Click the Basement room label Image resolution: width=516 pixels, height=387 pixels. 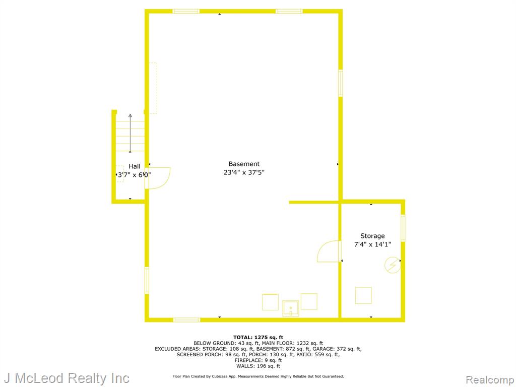tap(244, 164)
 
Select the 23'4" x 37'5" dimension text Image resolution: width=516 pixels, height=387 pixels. tap(244, 172)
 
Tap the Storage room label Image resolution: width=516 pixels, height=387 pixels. tap(372, 236)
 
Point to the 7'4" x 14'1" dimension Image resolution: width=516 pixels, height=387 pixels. tap(372, 244)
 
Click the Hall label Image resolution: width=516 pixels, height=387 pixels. tap(134, 166)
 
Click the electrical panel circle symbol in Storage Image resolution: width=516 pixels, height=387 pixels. tap(393, 265)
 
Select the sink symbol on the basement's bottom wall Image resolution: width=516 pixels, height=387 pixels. tap(291, 308)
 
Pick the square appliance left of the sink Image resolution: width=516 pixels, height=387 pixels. tap(270, 302)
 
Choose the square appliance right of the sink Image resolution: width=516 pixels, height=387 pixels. tap(309, 302)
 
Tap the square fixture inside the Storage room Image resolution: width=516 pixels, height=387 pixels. tap(363, 295)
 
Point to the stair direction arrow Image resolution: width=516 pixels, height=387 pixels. tap(131, 133)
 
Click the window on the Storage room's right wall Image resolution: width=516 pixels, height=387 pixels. tap(403, 228)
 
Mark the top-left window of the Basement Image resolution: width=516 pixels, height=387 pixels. tap(186, 12)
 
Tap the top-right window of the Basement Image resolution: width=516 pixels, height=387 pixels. tap(289, 12)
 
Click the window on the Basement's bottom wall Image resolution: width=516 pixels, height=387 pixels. tap(186, 320)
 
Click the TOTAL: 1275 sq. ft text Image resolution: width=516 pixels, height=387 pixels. tap(258, 337)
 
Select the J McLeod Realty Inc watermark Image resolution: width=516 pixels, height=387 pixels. tap(67, 378)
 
